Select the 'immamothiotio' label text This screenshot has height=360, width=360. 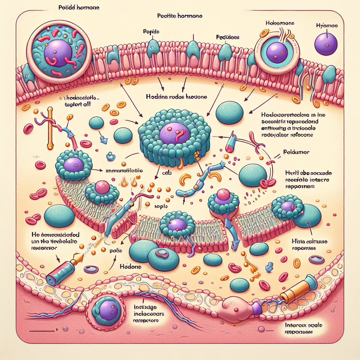click(x=124, y=170)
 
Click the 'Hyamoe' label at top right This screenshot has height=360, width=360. click(x=327, y=25)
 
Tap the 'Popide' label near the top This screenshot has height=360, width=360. click(x=152, y=31)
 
